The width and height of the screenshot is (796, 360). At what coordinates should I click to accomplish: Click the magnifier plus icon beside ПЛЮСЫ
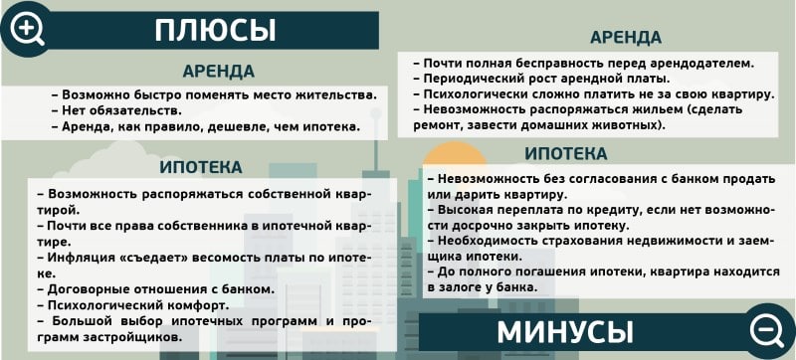[x=28, y=29]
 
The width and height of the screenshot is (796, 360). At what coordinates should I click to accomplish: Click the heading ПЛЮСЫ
[x=215, y=31]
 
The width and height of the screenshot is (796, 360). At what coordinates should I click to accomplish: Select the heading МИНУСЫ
[x=565, y=332]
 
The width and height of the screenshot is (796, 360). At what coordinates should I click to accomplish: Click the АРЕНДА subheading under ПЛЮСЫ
[x=219, y=72]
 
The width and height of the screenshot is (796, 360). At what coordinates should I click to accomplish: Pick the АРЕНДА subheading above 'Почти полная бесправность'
[x=626, y=38]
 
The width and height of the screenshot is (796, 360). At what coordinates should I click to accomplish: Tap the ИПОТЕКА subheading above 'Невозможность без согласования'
[x=565, y=153]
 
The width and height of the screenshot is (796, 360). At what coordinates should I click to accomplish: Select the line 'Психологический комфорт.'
[x=133, y=306]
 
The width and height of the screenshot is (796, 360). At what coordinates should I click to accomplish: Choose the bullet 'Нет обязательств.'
[x=116, y=110]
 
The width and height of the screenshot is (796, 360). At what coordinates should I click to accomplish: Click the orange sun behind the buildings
[x=455, y=154]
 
